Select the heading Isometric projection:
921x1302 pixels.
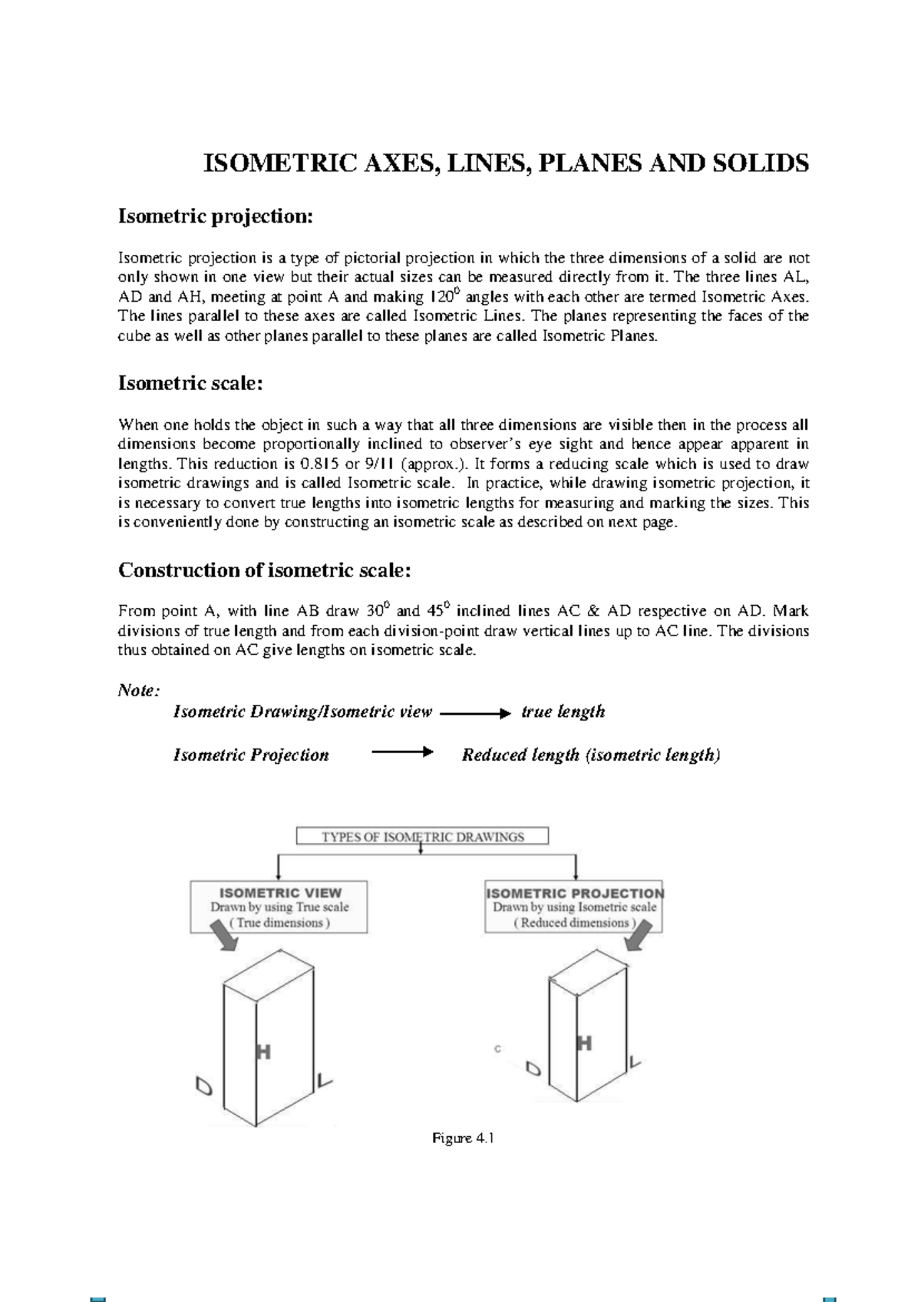click(x=216, y=216)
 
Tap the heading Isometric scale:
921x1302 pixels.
click(x=191, y=383)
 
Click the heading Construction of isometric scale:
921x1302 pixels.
click(x=265, y=570)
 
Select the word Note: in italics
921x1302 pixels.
click(x=139, y=691)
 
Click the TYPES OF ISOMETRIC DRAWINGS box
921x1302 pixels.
click(x=422, y=837)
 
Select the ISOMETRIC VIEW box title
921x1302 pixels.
click(x=280, y=893)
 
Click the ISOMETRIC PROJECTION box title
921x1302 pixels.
click(x=575, y=893)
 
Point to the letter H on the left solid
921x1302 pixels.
click(x=262, y=1053)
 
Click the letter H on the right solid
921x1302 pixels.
click(x=584, y=1043)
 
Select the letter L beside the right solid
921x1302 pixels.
click(x=635, y=1062)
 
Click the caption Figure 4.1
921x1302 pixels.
click(x=463, y=1138)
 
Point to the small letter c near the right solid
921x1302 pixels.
click(x=497, y=1049)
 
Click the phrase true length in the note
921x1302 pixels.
click(x=563, y=712)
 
